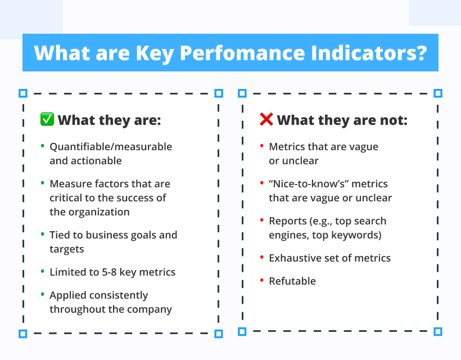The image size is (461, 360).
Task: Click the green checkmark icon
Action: pos(47,119)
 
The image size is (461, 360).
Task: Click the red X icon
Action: pos(266,119)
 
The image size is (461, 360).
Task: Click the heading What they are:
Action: pos(109,120)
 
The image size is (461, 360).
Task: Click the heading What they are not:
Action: pos(342,120)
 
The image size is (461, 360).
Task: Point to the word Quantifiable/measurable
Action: pos(111,147)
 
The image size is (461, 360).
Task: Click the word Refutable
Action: pos(292,281)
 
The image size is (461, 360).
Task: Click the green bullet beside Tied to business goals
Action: pos(42,235)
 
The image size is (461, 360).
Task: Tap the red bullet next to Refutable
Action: pos(261,280)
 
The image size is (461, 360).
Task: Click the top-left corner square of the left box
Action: pos(23,93)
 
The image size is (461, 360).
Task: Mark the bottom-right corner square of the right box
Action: pos(438,331)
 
